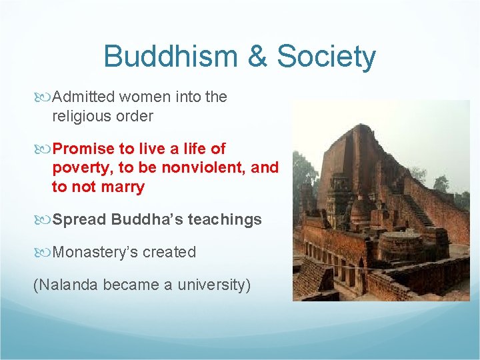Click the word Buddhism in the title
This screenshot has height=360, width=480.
[171, 57]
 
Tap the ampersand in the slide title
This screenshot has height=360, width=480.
[257, 57]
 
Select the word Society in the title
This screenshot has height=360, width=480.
[326, 58]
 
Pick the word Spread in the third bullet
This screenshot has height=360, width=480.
[79, 219]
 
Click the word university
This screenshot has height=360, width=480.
[213, 285]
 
